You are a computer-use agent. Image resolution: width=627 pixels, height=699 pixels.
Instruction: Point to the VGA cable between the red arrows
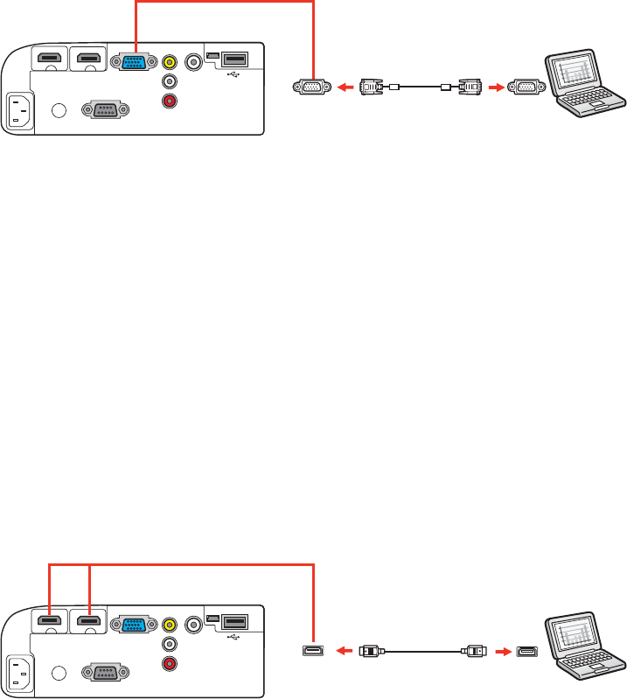click(421, 87)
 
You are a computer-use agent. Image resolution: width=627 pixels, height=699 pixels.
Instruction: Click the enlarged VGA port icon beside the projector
click(311, 87)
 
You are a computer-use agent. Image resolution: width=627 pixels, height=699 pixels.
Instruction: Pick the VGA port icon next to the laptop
click(526, 87)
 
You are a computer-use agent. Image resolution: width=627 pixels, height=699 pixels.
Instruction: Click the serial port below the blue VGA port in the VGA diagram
click(104, 111)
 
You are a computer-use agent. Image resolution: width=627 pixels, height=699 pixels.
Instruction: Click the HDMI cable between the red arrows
click(421, 650)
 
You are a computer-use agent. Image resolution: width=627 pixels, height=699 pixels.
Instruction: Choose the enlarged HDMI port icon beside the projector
click(311, 650)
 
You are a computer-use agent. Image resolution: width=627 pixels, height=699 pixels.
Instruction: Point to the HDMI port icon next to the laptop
click(527, 650)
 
